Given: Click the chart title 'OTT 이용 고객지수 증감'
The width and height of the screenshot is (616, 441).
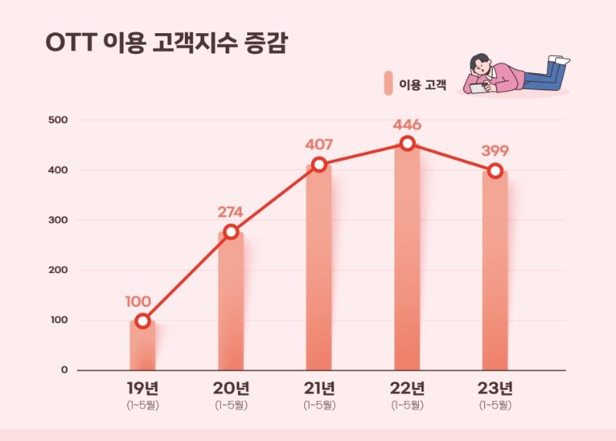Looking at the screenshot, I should (x=166, y=44).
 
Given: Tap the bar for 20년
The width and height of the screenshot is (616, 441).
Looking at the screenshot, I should (x=231, y=301).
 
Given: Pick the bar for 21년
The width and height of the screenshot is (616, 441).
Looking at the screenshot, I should (x=319, y=266).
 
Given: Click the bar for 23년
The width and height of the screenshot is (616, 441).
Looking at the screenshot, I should (x=495, y=270).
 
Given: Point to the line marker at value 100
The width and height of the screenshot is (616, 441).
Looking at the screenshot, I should (x=142, y=321).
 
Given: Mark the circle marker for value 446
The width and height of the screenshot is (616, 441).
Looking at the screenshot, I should (x=407, y=143).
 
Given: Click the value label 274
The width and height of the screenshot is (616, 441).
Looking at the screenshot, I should (x=231, y=209).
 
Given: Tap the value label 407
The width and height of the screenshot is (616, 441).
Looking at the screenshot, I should (x=319, y=143).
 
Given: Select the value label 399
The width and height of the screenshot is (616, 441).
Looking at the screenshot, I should (x=495, y=150).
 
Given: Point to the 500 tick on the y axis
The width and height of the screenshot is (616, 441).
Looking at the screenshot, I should (x=59, y=120).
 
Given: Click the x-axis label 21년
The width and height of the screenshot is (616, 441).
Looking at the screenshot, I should (x=319, y=387).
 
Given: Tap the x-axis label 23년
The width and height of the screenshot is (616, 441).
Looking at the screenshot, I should (x=495, y=387).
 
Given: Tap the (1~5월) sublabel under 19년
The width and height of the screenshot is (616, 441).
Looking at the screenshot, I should (x=142, y=405).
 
